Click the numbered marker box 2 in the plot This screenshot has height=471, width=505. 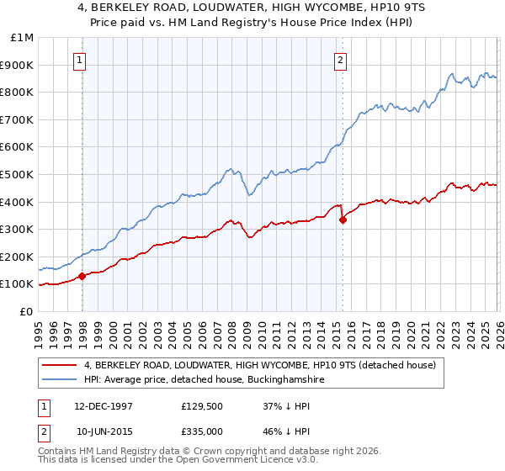341,60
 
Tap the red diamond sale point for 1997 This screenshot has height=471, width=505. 82,276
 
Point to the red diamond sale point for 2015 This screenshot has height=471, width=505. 343,220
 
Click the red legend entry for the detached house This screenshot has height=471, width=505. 259,365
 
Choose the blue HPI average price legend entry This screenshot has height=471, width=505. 205,380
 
